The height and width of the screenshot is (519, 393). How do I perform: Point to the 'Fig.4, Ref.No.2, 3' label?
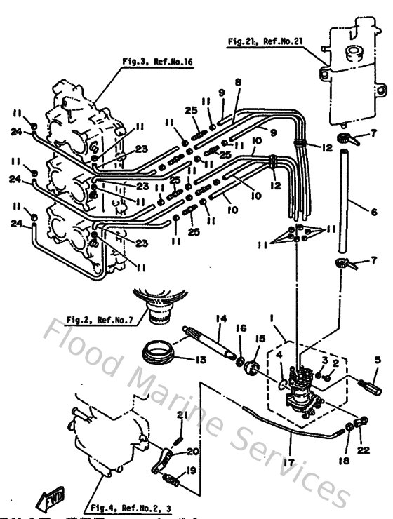coord(129,506)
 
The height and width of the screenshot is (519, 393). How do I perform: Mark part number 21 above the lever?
coord(180,417)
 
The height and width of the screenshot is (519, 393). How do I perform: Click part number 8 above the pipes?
coord(238,82)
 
